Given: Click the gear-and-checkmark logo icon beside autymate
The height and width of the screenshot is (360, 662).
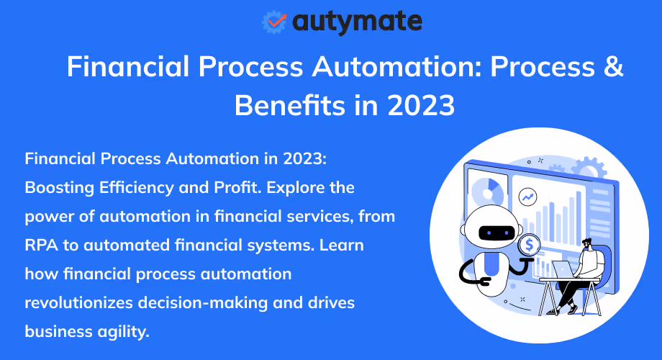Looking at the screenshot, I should (x=274, y=22).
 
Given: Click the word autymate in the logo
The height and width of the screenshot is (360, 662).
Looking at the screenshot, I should (x=357, y=22).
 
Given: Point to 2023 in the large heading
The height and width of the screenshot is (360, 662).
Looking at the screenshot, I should (x=420, y=105).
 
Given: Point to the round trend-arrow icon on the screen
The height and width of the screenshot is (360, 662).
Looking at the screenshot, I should (x=529, y=196).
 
